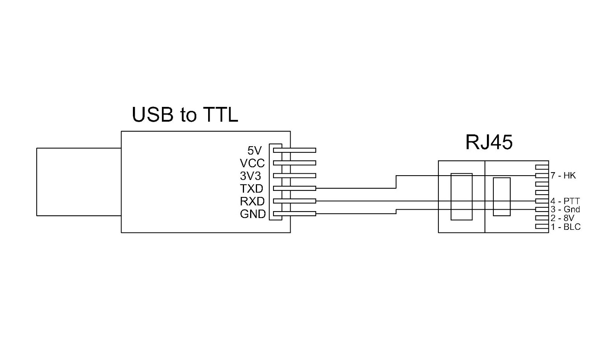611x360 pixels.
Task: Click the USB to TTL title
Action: [x=185, y=115]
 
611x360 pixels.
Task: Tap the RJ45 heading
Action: [x=488, y=142]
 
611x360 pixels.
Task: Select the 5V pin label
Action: [x=254, y=150]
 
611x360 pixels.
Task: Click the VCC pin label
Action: [x=252, y=163]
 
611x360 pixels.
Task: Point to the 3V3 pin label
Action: [x=251, y=176]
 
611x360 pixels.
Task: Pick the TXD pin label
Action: [x=251, y=189]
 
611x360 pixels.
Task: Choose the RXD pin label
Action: [x=252, y=201]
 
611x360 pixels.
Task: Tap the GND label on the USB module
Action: [x=252, y=214]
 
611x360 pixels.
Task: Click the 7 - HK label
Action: [x=563, y=176]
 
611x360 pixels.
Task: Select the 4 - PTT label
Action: [x=565, y=201]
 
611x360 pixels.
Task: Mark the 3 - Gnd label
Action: [x=565, y=209]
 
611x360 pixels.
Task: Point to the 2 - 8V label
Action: [x=562, y=218]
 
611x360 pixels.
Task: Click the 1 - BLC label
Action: [x=565, y=227]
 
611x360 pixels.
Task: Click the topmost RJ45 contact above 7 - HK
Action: [x=542, y=167]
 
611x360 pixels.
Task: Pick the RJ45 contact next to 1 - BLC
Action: [x=542, y=226]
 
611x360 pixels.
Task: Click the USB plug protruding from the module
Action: [x=79, y=182]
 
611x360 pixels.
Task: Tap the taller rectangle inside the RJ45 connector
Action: [x=461, y=197]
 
